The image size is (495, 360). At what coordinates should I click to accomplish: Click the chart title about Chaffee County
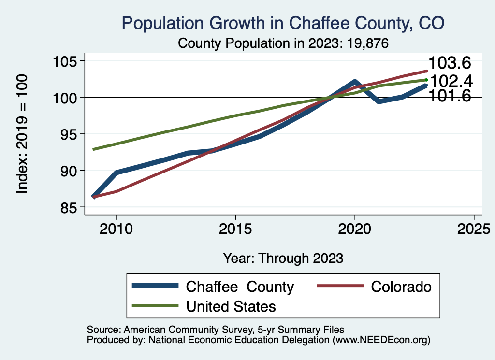pyautogui.click(x=283, y=23)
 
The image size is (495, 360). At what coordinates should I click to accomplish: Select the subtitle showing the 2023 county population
pyautogui.click(x=284, y=43)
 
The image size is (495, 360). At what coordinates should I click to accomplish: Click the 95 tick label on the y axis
pyautogui.click(x=70, y=134)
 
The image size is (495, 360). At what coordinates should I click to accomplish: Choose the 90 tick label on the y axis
pyautogui.click(x=70, y=171)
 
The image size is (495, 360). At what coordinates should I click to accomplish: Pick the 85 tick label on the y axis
pyautogui.click(x=70, y=207)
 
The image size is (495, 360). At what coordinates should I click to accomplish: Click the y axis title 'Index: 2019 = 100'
pyautogui.click(x=22, y=134)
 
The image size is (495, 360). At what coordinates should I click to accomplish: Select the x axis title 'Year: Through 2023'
pyautogui.click(x=283, y=258)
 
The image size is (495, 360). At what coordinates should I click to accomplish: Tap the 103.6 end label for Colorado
pyautogui.click(x=450, y=63)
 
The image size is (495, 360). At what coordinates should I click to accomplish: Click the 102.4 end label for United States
pyautogui.click(x=451, y=81)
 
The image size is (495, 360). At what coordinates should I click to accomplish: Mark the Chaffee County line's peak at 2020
pyautogui.click(x=355, y=82)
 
